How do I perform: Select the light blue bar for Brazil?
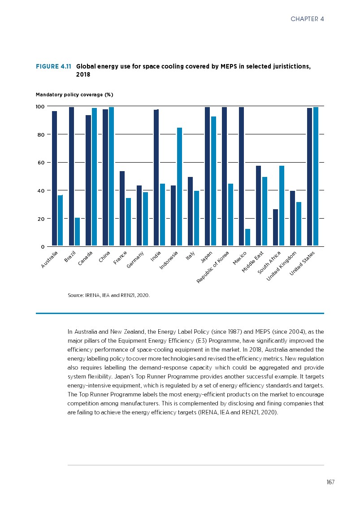78,232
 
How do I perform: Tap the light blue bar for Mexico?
247,237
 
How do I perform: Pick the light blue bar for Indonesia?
179,186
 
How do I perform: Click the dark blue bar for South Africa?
275,227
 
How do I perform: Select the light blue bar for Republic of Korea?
230,215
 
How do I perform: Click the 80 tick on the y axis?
40,134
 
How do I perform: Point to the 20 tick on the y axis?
40,219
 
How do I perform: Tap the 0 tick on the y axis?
43,247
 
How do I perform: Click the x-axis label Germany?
135,260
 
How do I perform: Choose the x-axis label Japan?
206,258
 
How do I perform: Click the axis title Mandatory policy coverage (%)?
74,95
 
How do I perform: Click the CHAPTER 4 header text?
307,19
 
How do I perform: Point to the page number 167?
330,482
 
